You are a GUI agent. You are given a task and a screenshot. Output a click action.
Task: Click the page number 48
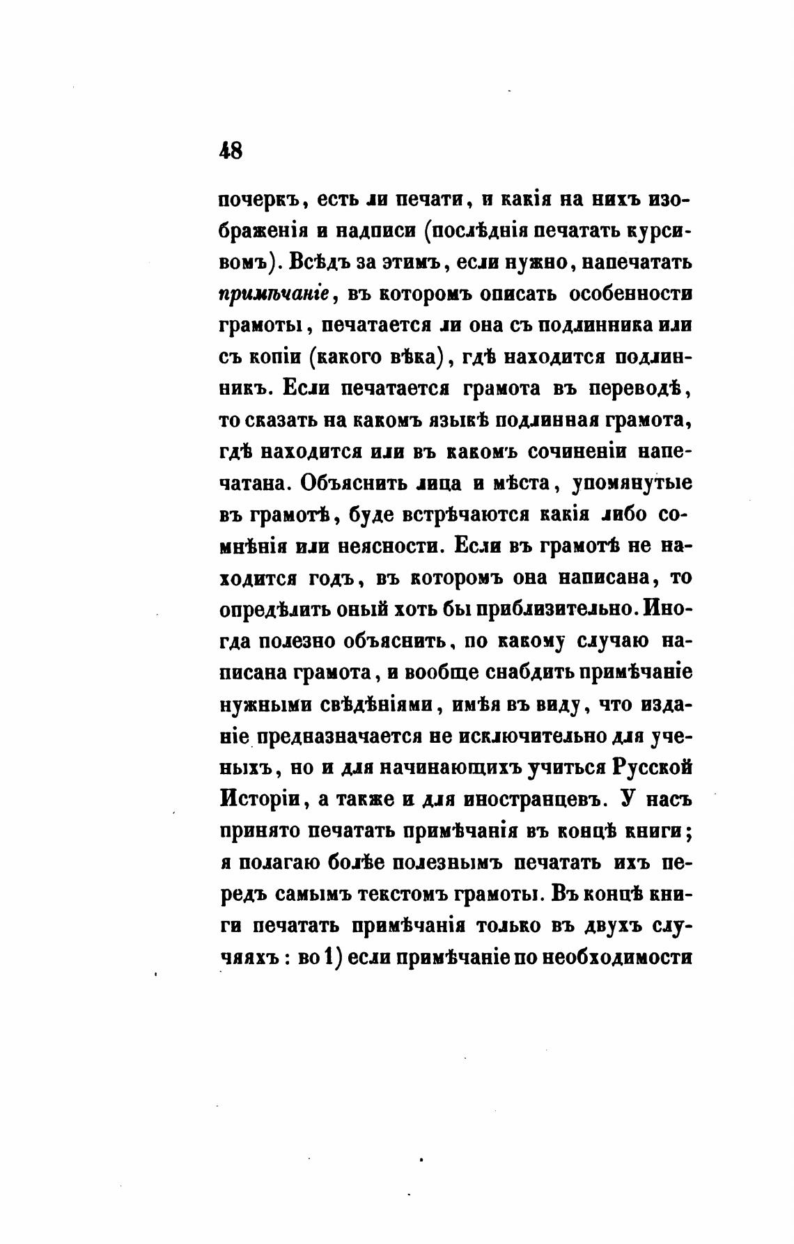coord(231,150)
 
